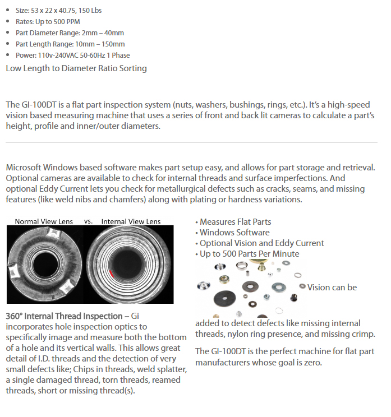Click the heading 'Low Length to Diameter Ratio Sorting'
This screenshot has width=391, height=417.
pos(76,68)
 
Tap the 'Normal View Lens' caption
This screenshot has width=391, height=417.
pos(42,221)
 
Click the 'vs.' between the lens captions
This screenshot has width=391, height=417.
pos(88,221)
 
